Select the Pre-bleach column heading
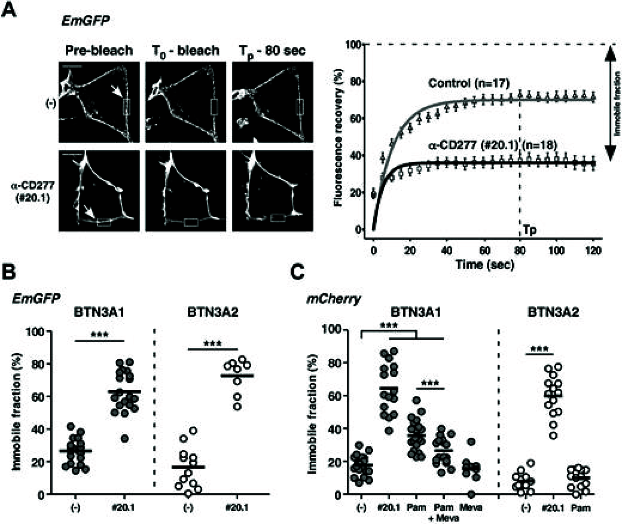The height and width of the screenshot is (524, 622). click(99, 51)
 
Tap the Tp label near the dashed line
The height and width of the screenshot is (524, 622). click(529, 229)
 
